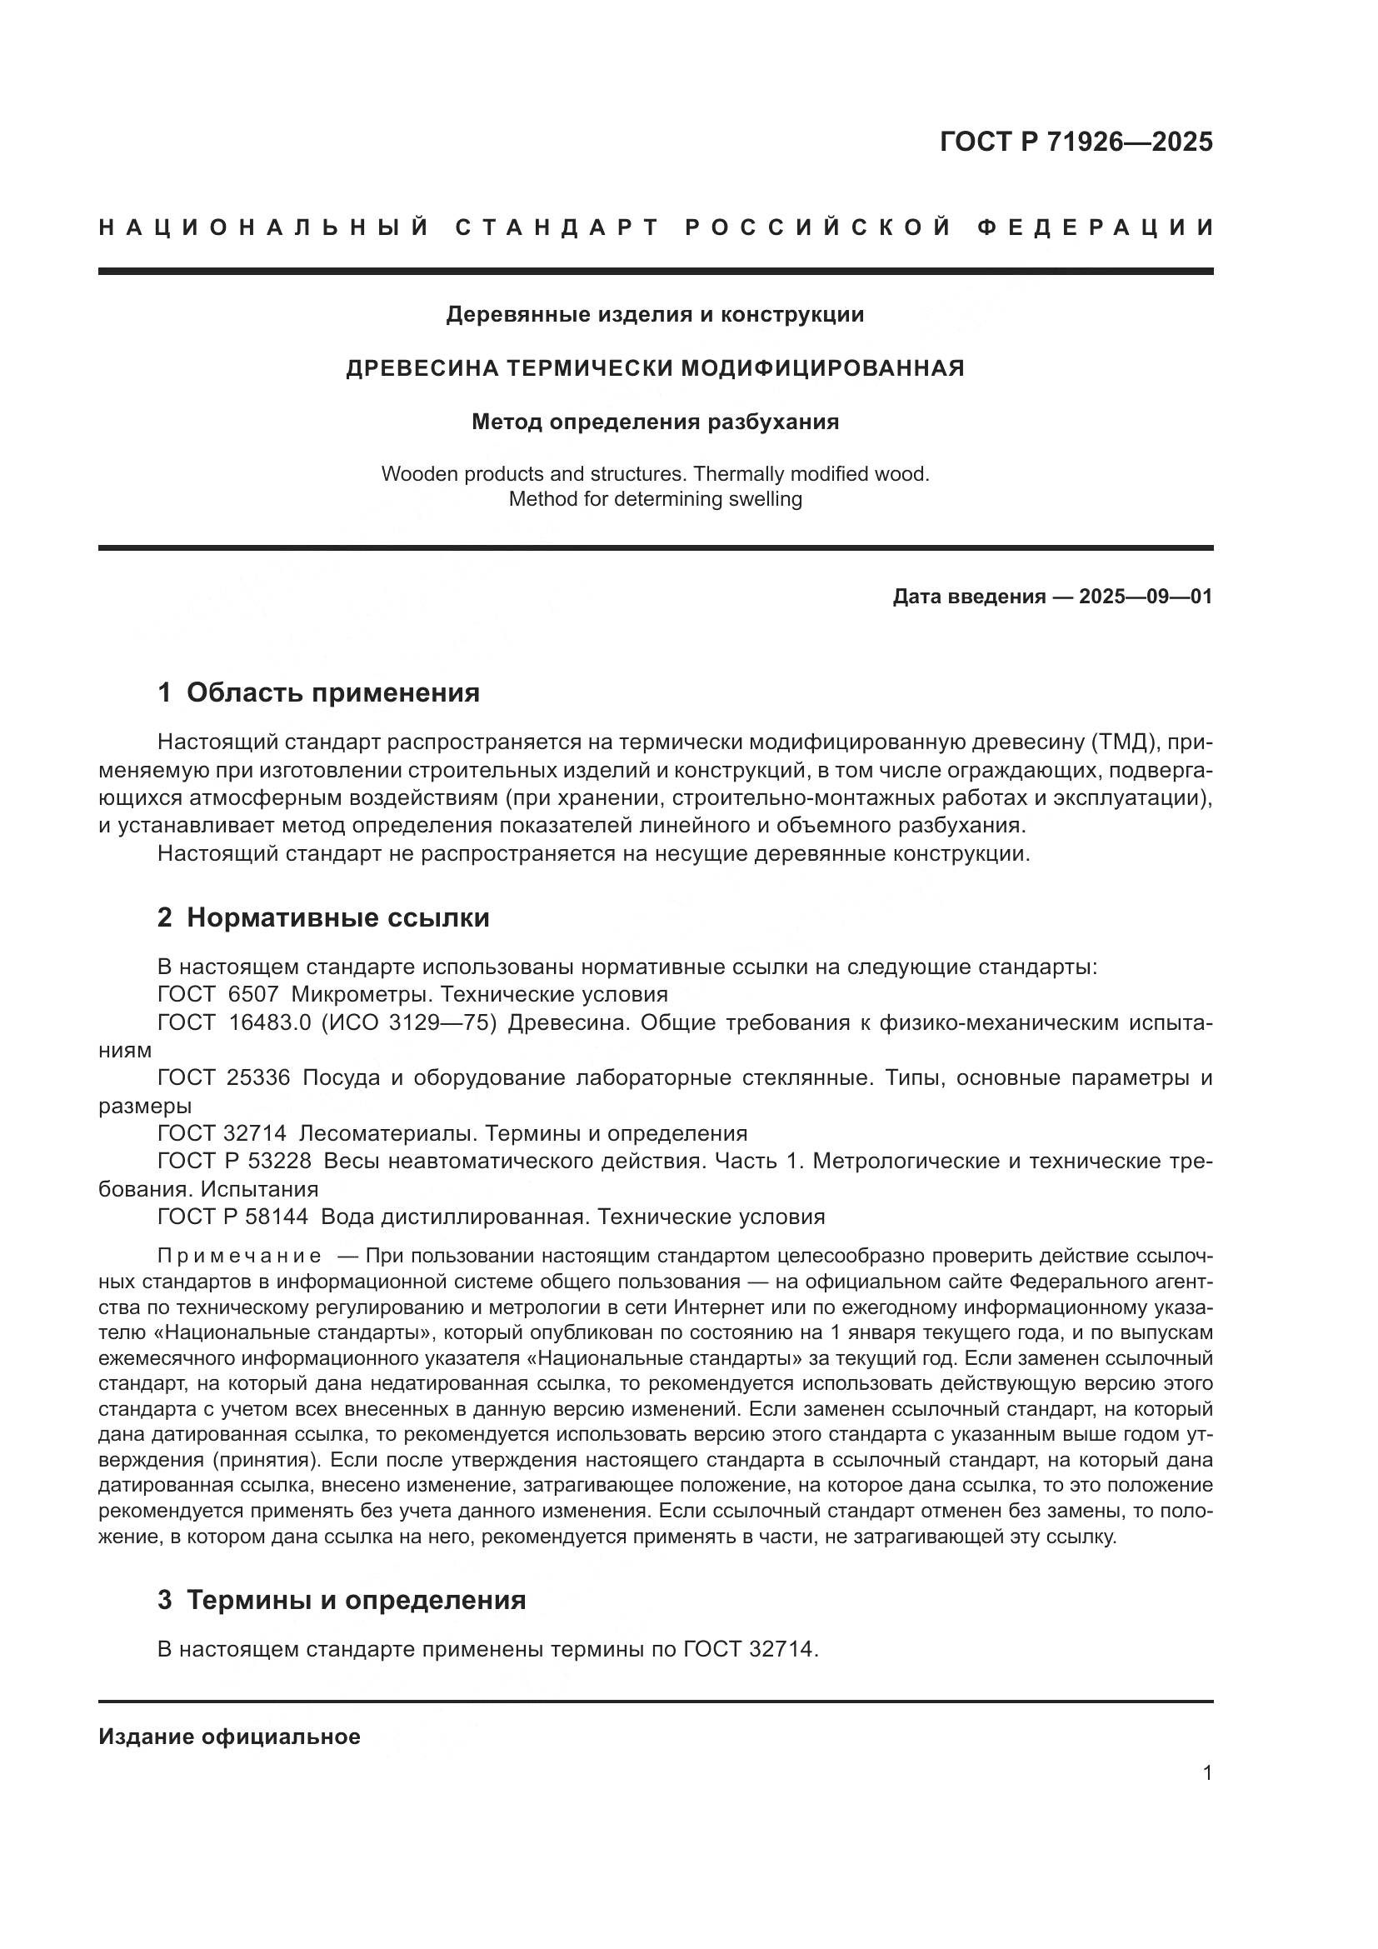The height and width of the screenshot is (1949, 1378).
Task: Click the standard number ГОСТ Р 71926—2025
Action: pos(1075,142)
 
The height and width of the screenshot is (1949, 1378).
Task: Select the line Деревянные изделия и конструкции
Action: pos(655,315)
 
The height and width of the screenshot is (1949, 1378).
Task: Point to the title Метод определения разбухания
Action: pos(655,422)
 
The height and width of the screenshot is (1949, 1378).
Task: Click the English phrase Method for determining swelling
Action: pos(655,499)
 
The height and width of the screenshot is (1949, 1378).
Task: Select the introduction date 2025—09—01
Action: pos(1146,597)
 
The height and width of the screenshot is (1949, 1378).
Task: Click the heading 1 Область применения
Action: pos(319,692)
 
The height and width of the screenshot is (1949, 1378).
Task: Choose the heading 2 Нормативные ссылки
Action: pos(323,917)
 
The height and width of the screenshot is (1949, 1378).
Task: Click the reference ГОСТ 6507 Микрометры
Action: pos(412,994)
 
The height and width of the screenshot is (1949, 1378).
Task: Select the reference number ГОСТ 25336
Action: pos(224,1078)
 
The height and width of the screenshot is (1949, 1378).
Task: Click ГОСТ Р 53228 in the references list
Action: pos(235,1162)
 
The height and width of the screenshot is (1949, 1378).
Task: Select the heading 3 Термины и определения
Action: pos(342,1600)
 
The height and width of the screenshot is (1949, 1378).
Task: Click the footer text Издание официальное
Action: pos(229,1737)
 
